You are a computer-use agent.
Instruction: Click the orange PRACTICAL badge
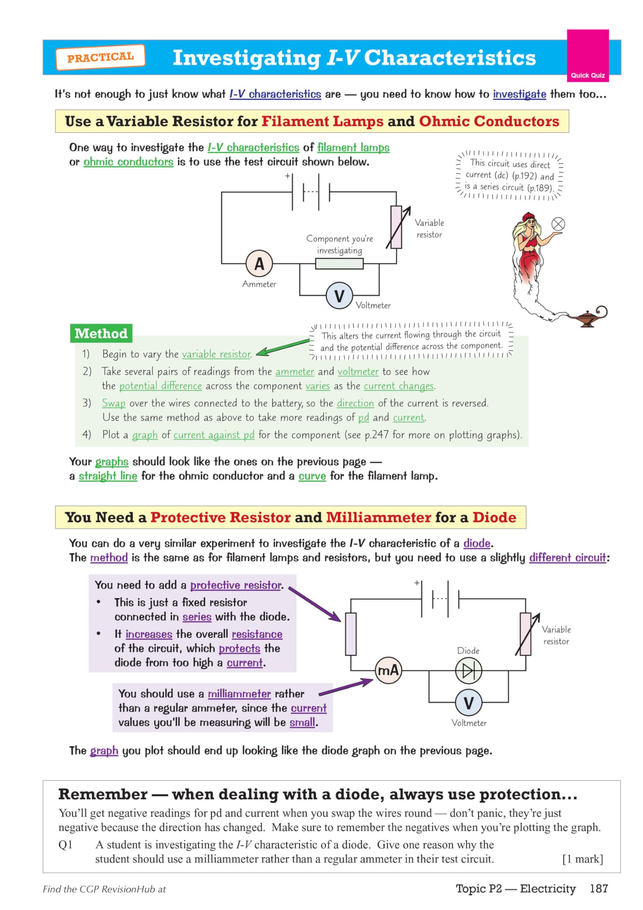pos(100,58)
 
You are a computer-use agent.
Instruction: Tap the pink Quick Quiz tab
pos(588,56)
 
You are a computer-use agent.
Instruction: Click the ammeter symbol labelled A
pos(259,263)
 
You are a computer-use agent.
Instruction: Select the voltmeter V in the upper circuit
pos(339,296)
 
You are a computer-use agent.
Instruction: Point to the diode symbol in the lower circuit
pos(468,671)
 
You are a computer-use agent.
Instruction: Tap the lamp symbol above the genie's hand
pos(558,224)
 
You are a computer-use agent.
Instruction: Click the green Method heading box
pos(101,333)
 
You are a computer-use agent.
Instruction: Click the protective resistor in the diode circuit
pos(351,634)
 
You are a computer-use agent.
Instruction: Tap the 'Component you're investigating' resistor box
pos(339,263)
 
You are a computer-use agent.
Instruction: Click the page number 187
pos(598,888)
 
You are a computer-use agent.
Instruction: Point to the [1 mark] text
pos(582,859)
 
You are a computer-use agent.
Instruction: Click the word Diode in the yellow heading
pos(494,517)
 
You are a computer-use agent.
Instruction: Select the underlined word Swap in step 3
pos(113,403)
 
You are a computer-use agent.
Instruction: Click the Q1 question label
pos(65,845)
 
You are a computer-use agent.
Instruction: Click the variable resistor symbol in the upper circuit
pos(396,227)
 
